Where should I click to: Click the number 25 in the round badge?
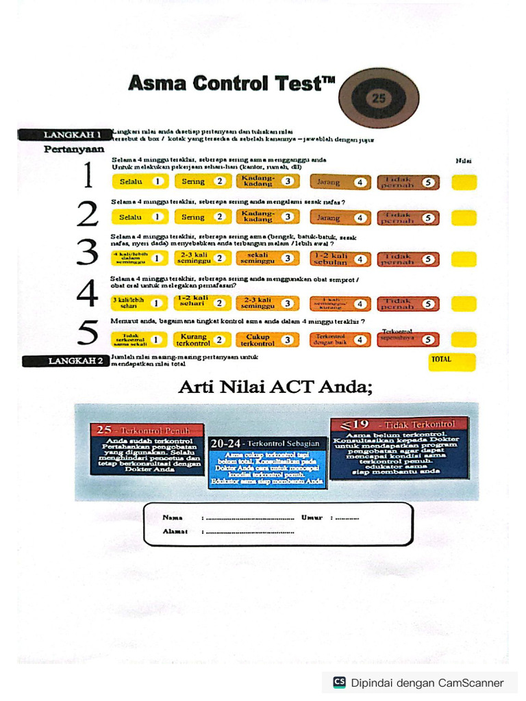click(x=378, y=98)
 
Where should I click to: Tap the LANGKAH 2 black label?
click(x=66, y=361)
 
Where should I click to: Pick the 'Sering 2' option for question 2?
click(x=202, y=217)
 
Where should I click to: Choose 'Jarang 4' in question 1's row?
click(x=340, y=182)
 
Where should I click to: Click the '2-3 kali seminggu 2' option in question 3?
click(x=202, y=258)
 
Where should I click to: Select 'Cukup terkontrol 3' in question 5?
click(x=266, y=339)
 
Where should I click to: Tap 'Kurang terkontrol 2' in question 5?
click(x=202, y=339)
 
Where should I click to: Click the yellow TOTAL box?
click(x=451, y=361)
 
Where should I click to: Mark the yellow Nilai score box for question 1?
click(x=464, y=182)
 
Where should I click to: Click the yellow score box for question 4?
click(x=464, y=303)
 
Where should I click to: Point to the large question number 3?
click(x=88, y=252)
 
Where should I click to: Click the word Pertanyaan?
click(x=74, y=149)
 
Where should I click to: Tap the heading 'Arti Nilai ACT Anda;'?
click(x=275, y=387)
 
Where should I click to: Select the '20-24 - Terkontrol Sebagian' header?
click(x=258, y=444)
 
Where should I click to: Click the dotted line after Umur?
click(x=345, y=518)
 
